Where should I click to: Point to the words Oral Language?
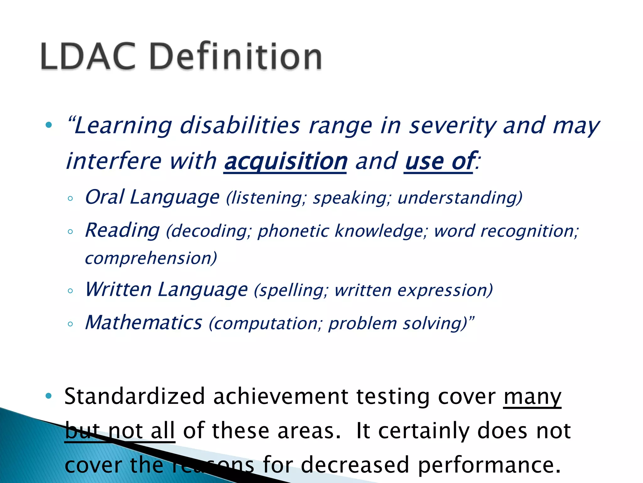[152, 197]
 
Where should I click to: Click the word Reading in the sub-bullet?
[122, 230]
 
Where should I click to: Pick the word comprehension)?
[151, 258]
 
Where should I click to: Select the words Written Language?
[166, 289]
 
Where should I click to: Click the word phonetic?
[294, 231]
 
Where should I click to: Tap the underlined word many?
[532, 397]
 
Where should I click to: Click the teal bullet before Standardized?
[48, 396]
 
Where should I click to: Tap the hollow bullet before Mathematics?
[70, 324]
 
